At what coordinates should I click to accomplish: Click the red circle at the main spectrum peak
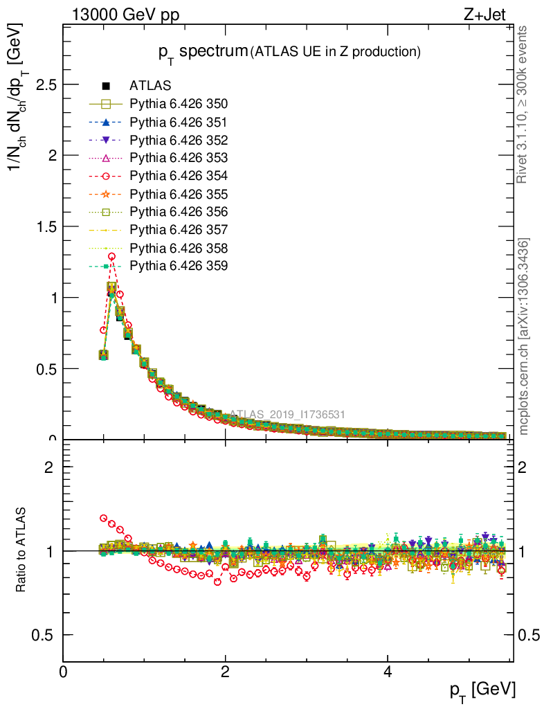[111, 256]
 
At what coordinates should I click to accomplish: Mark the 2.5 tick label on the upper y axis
[44, 84]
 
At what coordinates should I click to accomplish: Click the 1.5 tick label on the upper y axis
[44, 226]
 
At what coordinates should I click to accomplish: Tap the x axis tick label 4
[388, 672]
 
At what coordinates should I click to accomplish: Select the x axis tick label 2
[225, 672]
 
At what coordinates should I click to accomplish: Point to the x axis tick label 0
[63, 672]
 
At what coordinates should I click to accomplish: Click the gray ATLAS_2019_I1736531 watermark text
[287, 415]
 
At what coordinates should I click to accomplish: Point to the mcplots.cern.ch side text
[524, 336]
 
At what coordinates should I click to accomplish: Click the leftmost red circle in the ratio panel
[104, 518]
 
